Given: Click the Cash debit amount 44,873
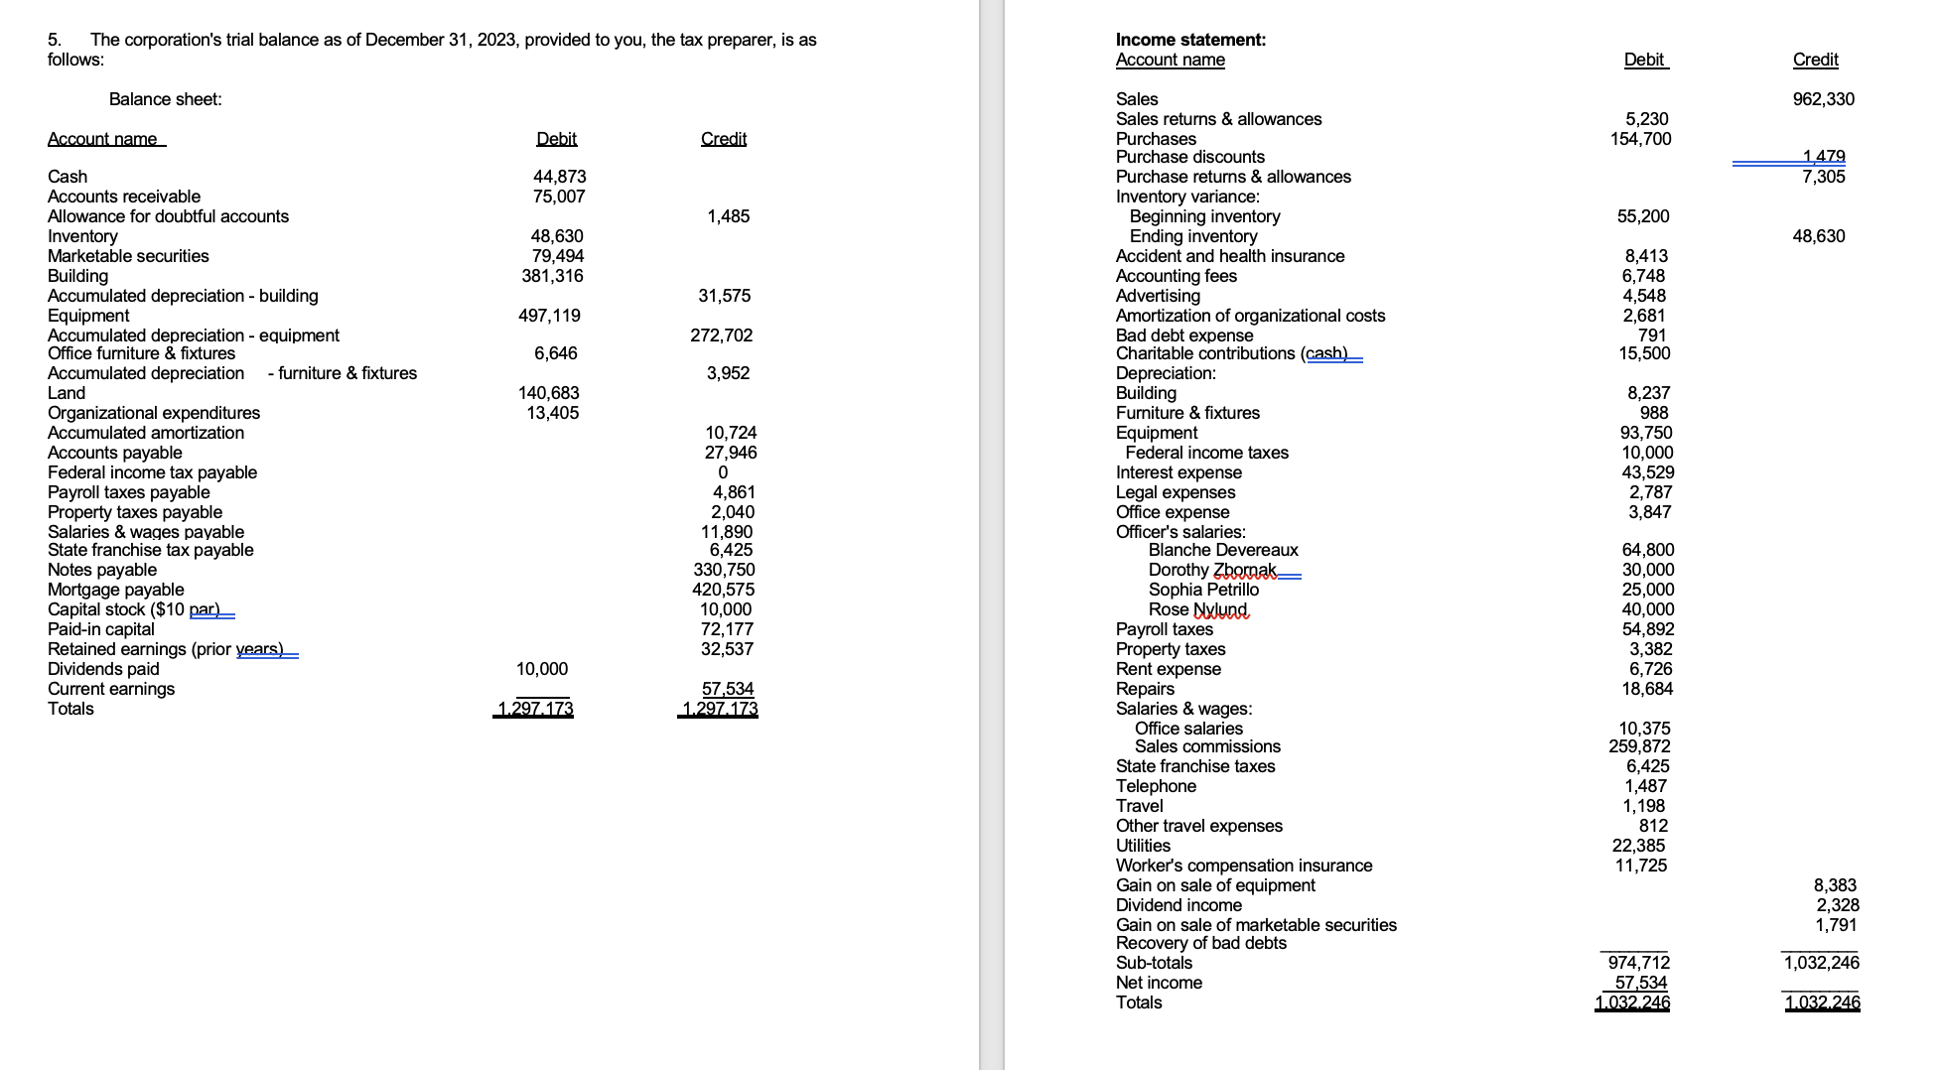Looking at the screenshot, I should click(559, 177).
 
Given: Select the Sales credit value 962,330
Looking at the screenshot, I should click(1823, 99).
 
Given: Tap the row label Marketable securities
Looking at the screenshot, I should click(128, 256).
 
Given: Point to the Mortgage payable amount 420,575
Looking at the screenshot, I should click(723, 590).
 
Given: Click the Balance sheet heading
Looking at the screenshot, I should click(165, 99).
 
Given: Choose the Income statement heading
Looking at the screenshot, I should click(1189, 40).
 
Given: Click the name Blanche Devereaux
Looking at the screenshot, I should click(1222, 550).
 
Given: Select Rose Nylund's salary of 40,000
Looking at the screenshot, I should click(1647, 609).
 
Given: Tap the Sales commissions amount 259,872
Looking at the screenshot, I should click(1639, 746).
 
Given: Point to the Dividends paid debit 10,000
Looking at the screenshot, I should click(542, 669).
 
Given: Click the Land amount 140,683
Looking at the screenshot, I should click(548, 393).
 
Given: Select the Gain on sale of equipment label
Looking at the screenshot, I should click(1214, 885).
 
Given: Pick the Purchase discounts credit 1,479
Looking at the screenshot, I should click(1823, 157).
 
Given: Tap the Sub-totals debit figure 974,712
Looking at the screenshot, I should click(1638, 963).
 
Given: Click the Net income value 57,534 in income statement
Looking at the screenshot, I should click(1640, 983).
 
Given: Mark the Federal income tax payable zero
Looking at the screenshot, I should click(722, 472).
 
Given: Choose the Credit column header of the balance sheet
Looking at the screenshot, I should click(723, 139).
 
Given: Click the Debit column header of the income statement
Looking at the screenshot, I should click(1644, 60).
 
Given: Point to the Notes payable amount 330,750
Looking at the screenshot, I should click(723, 570).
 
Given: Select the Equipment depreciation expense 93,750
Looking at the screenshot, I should click(1646, 433).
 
